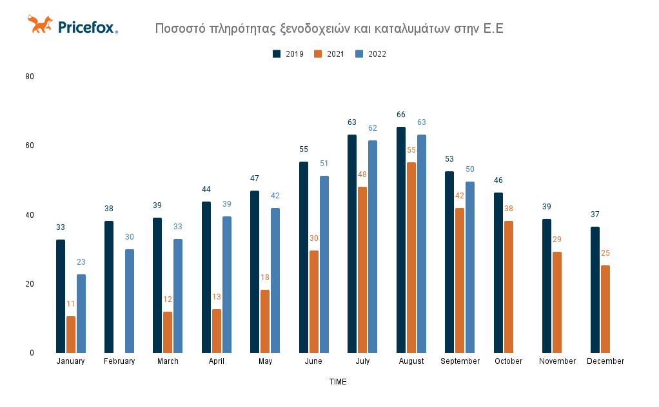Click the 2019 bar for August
pyautogui.click(x=401, y=240)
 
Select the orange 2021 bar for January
pyautogui.click(x=71, y=334)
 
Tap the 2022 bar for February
pyautogui.click(x=130, y=301)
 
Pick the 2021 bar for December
pyautogui.click(x=605, y=308)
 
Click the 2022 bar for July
pyautogui.click(x=373, y=246)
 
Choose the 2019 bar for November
pyautogui.click(x=547, y=285)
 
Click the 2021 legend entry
pyautogui.click(x=329, y=54)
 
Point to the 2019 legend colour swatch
pyautogui.click(x=277, y=54)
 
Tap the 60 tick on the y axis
pyautogui.click(x=30, y=146)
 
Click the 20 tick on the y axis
pyautogui.click(x=30, y=284)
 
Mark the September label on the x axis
pyautogui.click(x=460, y=361)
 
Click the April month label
pyautogui.click(x=217, y=361)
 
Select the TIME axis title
pyautogui.click(x=338, y=382)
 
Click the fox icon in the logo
pyautogui.click(x=40, y=24)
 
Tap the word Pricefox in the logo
pyautogui.click(x=87, y=27)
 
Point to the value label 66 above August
pyautogui.click(x=401, y=115)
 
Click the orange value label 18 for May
pyautogui.click(x=265, y=278)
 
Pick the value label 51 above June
pyautogui.click(x=324, y=164)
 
